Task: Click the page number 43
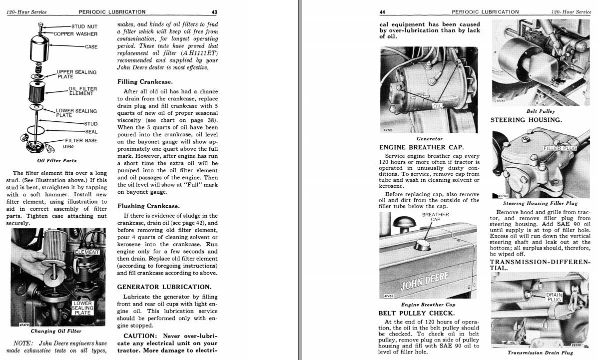214,12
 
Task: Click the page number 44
382,12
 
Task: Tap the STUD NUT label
84,26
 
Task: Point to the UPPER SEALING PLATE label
76,74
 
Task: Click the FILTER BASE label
81,140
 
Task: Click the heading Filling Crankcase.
145,81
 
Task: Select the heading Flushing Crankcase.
148,206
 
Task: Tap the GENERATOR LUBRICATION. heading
164,287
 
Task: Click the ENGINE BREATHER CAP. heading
422,147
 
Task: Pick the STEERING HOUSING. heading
526,120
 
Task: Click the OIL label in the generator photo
438,106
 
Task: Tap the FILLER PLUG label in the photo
560,148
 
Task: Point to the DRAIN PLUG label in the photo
554,297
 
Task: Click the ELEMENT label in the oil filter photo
87,252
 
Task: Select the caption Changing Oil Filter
56,331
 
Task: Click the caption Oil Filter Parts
57,161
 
